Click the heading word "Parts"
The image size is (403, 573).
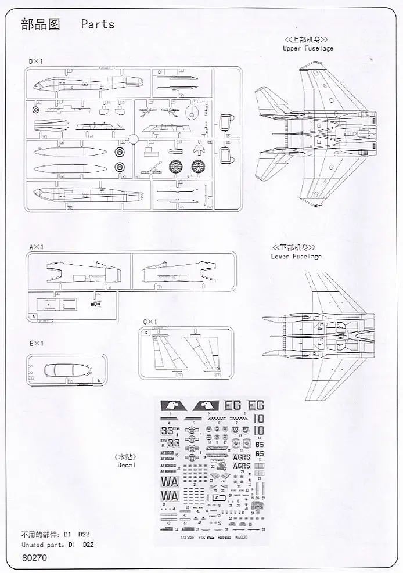[98, 24]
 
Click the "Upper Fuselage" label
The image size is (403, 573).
[308, 48]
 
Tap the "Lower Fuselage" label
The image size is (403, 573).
[296, 256]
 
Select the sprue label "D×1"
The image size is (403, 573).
[35, 60]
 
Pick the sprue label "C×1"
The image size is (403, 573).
[150, 322]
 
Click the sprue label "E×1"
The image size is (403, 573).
[36, 344]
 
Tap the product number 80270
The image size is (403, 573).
[35, 558]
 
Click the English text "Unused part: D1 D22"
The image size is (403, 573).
[57, 545]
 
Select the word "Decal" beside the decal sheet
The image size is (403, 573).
[125, 465]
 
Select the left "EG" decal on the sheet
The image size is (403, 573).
[232, 405]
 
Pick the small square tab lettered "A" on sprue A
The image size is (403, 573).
[33, 316]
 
